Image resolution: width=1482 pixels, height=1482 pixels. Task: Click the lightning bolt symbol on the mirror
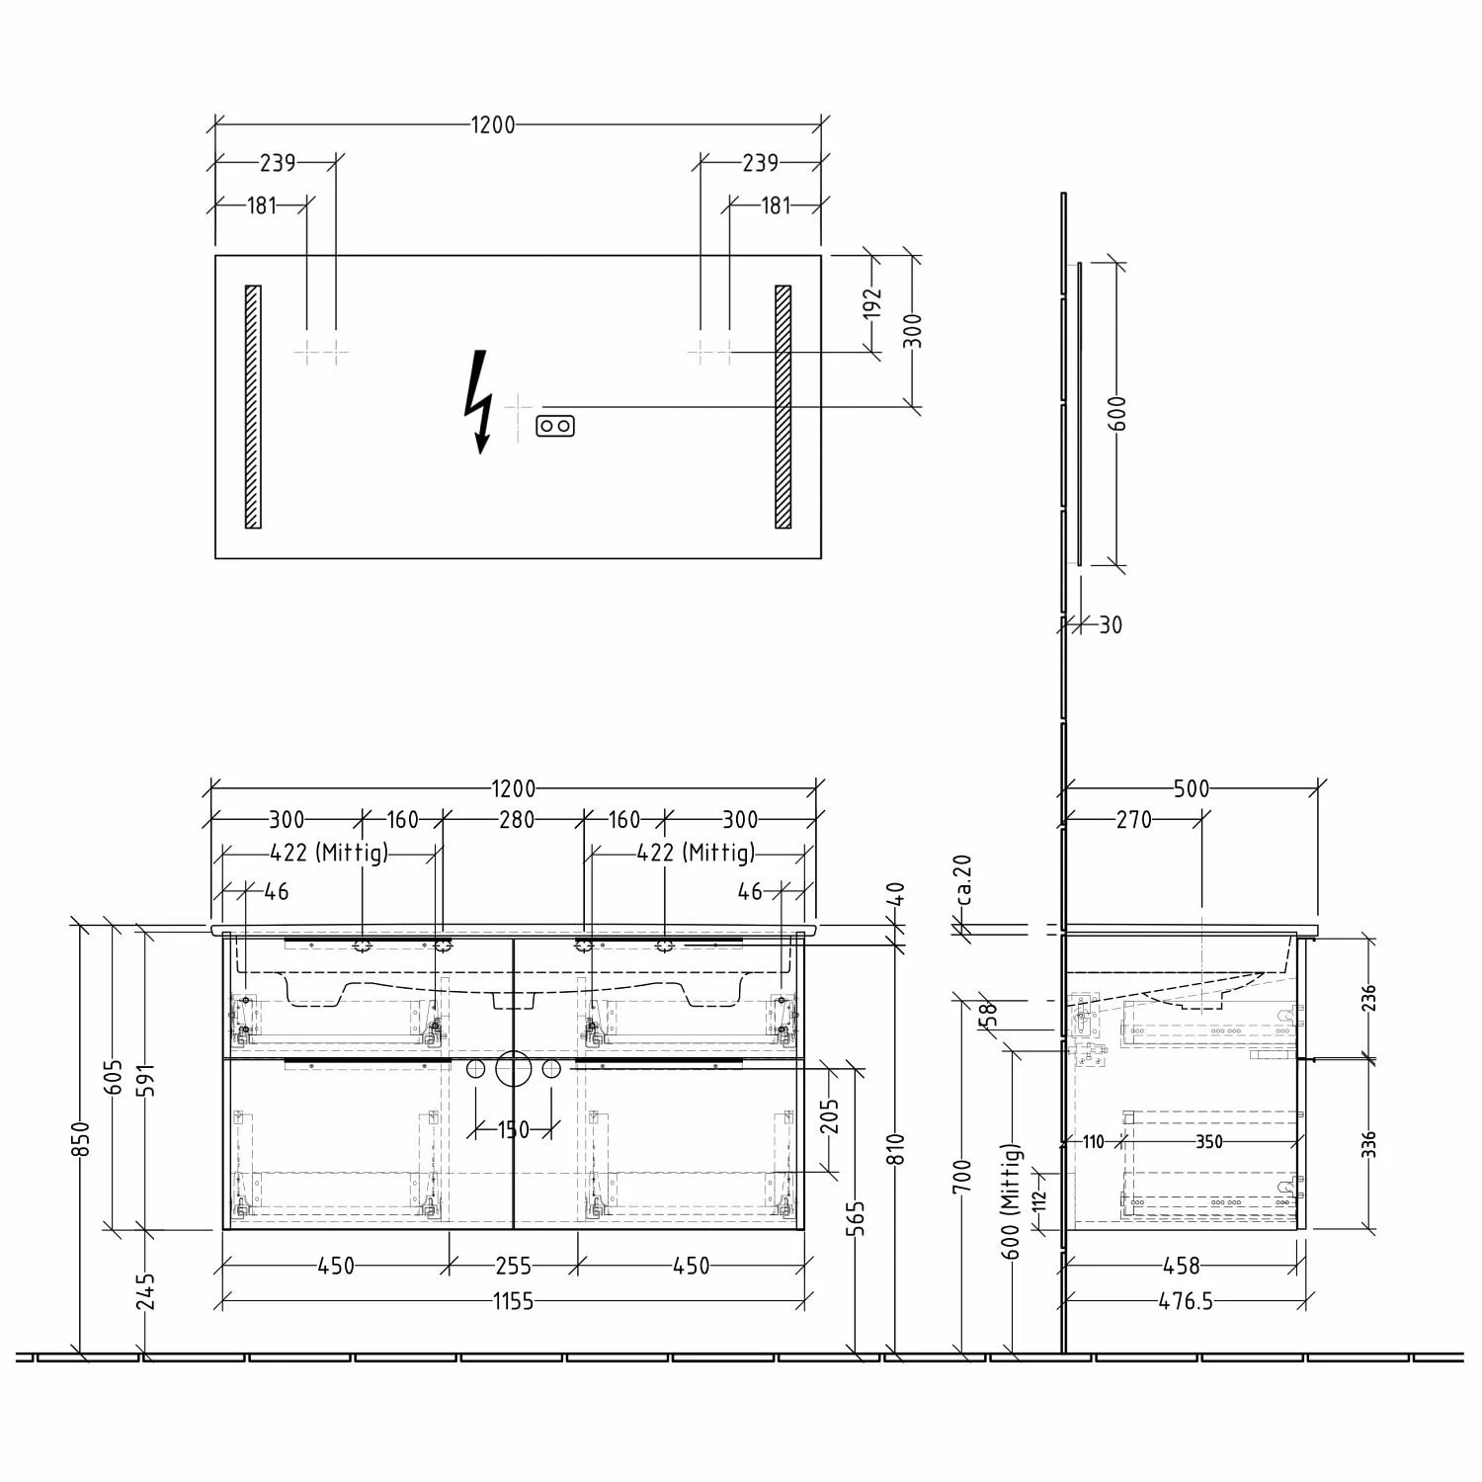479,401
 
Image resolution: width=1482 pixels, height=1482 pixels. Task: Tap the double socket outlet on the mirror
555,426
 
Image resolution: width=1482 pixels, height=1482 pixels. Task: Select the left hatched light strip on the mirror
253,407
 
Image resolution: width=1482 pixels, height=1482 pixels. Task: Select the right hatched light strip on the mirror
783,407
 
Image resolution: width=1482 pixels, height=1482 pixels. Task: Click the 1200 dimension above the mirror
493,125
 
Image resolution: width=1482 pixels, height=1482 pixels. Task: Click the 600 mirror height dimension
1116,413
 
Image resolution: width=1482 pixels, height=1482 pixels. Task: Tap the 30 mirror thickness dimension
1111,624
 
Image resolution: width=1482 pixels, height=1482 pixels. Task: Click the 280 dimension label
516,819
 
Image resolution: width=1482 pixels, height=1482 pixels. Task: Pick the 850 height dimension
82,1138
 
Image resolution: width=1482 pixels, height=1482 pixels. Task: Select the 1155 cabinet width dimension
514,1301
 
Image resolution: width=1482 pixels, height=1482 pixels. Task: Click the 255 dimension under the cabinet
514,1265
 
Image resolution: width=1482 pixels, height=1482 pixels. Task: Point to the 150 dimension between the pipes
514,1129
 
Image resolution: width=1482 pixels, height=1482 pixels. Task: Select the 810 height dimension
896,1149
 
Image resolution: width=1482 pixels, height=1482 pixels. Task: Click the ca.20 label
964,879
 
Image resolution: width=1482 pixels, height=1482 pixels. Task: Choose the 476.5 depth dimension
1186,1301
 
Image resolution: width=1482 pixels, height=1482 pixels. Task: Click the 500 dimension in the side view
1192,788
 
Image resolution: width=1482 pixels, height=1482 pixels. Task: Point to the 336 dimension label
1368,1144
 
